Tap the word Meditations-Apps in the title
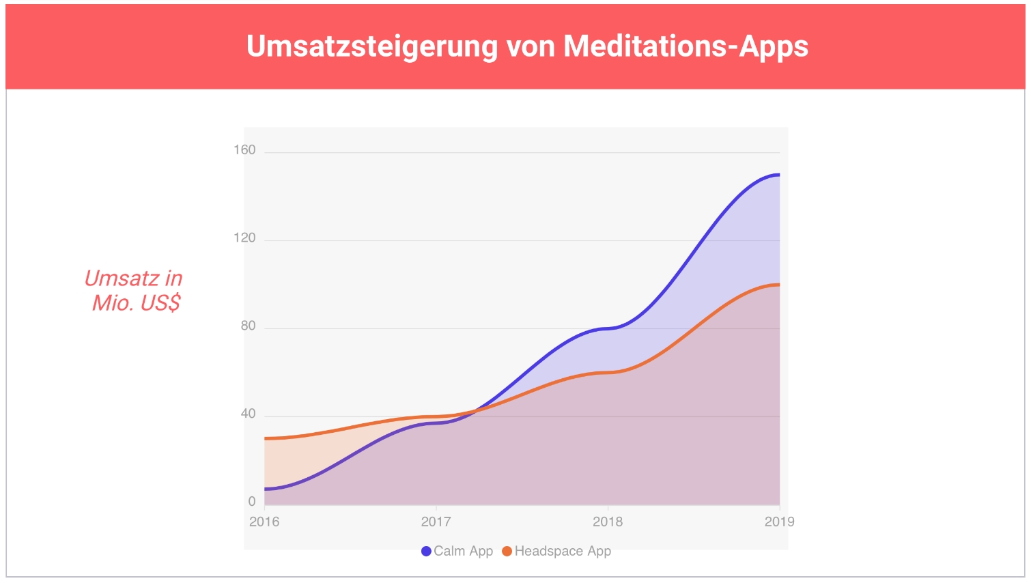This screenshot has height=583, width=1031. click(686, 46)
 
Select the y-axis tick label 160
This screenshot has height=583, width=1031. click(244, 150)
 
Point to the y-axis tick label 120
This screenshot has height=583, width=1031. click(244, 238)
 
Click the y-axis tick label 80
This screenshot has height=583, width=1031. click(248, 326)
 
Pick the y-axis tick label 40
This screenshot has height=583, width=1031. click(248, 414)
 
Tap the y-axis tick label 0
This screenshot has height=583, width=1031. click(252, 502)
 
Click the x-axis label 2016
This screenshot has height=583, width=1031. click(264, 522)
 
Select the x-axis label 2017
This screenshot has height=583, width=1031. click(436, 522)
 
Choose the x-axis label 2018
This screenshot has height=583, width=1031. click(608, 522)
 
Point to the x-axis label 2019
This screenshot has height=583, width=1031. click(779, 522)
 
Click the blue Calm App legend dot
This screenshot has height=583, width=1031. click(426, 552)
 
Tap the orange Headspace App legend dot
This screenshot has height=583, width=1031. click(507, 552)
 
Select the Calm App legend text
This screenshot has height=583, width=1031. click(463, 552)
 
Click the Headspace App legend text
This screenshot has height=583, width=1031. click(563, 552)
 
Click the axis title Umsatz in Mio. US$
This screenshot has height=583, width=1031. click(135, 290)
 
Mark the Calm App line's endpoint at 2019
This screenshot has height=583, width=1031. click(778, 175)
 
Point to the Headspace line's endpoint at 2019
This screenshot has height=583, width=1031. click(778, 285)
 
